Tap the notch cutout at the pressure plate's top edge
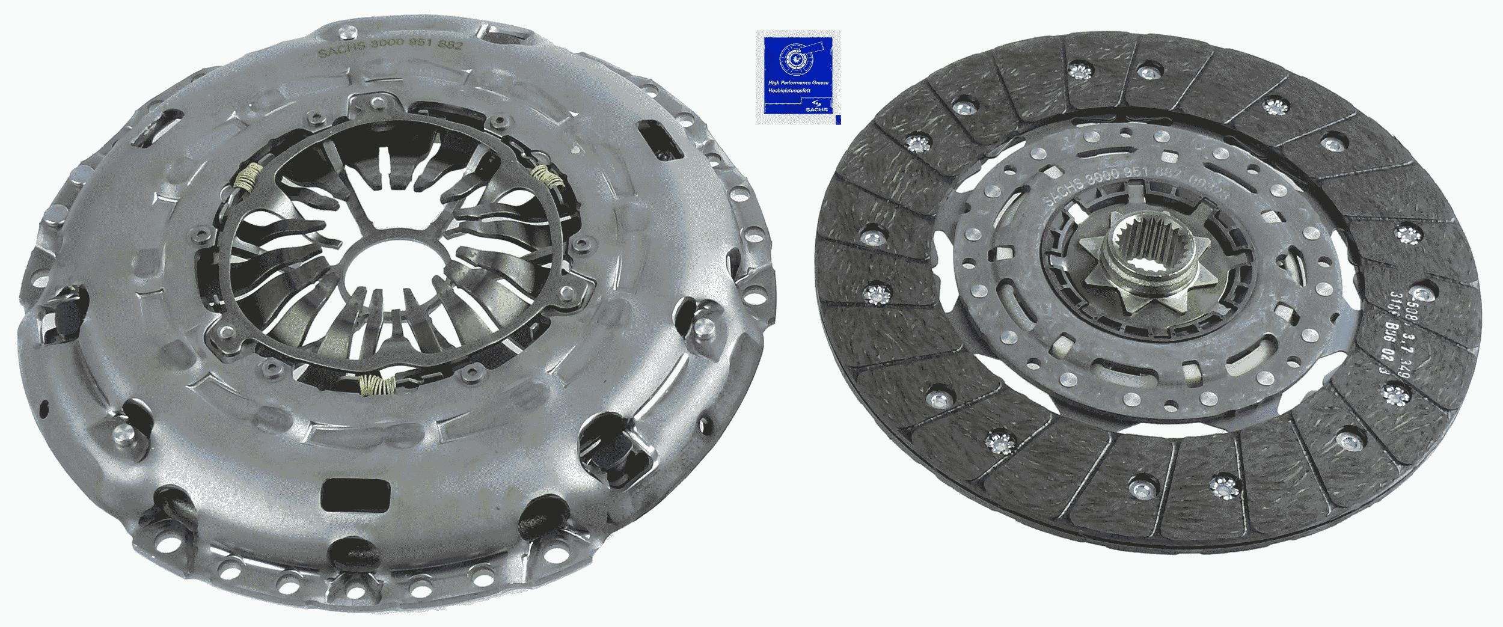pos(505,36)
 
